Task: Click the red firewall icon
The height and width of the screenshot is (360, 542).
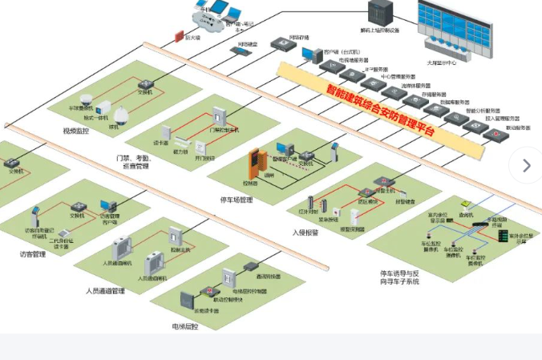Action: click(x=180, y=36)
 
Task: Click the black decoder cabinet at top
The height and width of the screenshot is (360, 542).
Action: click(x=378, y=12)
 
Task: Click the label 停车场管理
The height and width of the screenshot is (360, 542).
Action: click(x=237, y=200)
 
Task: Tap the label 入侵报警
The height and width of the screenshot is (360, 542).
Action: click(x=305, y=233)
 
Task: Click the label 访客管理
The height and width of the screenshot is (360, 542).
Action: click(x=33, y=254)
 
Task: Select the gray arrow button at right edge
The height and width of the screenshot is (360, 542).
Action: click(x=526, y=166)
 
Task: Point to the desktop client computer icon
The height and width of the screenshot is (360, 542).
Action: click(x=308, y=54)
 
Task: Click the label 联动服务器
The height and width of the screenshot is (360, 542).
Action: click(x=517, y=127)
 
